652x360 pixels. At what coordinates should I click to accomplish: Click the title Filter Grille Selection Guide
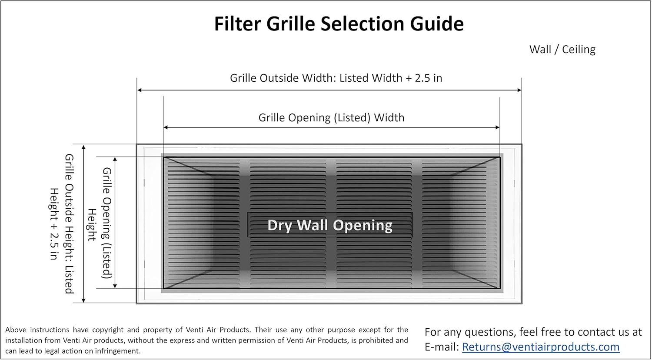coord(339,23)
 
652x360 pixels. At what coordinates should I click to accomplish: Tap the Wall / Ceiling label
coord(562,50)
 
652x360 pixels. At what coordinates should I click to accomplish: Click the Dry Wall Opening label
coord(330,225)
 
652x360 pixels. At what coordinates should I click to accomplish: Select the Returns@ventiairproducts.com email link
coord(540,347)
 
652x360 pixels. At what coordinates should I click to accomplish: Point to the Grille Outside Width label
coord(336,78)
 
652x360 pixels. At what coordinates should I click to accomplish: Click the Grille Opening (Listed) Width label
coord(331,117)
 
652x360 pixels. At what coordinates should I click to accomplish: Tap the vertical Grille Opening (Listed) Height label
coord(100,223)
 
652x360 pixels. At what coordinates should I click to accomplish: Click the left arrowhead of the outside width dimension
coord(140,90)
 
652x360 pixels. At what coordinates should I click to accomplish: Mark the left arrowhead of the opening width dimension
coord(166,127)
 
